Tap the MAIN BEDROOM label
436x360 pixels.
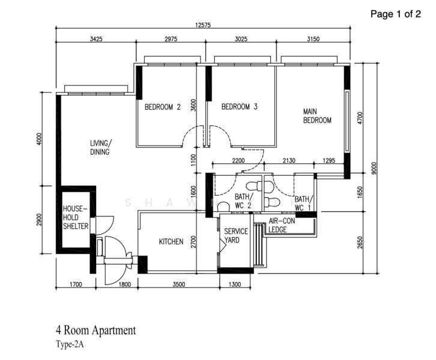tap(317, 116)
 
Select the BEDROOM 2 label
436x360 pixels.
tap(163, 107)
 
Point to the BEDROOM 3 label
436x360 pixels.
tap(239, 107)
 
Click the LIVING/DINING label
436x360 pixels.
tap(100, 148)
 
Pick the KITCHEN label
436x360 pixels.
tap(171, 242)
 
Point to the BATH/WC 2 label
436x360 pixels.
tap(243, 202)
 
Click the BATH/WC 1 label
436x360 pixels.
tap(303, 203)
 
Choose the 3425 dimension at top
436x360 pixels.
tap(96, 38)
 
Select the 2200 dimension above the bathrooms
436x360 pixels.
tap(239, 160)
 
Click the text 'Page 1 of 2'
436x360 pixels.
tap(395, 14)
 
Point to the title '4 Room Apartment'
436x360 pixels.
tap(95, 330)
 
